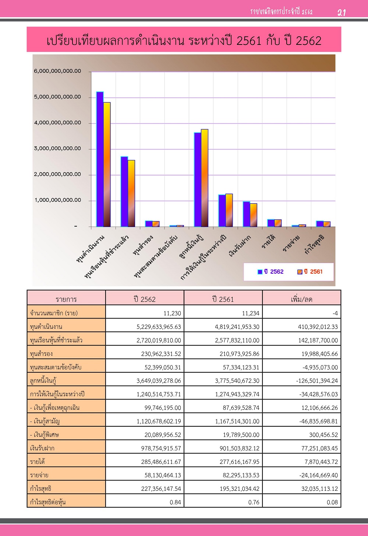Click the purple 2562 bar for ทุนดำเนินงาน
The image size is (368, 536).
tap(100, 159)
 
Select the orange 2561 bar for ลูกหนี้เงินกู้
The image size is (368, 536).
tap(205, 178)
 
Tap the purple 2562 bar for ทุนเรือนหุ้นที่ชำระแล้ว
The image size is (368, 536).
tap(124, 191)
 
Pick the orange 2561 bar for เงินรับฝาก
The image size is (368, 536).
tap(254, 215)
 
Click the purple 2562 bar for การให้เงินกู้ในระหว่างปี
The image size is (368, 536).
tap(222, 210)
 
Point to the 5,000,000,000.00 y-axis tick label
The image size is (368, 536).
tap(57, 97)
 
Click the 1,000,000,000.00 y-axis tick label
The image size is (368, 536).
tap(58, 200)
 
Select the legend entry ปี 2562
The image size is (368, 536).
tap(271, 271)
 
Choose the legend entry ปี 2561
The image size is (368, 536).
tap(310, 271)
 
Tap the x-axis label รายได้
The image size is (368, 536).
tap(269, 242)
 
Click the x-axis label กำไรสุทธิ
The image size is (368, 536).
tap(314, 244)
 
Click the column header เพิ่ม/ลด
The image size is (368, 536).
tap(301, 299)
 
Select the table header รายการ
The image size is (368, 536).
tap(66, 299)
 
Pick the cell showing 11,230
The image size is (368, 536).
tap(172, 313)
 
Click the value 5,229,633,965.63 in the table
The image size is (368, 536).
tap(159, 327)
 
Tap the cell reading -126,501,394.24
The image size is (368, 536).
tap(317, 381)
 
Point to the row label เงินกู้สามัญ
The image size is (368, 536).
tap(45, 421)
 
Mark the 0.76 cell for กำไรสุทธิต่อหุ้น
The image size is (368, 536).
tap(254, 502)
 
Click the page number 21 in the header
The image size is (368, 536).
tap(342, 12)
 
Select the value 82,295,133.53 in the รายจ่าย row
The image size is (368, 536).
tap(241, 475)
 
